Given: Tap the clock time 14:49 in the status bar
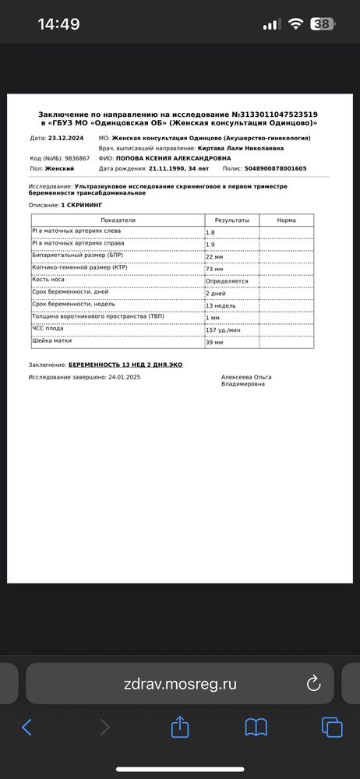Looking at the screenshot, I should (x=58, y=24).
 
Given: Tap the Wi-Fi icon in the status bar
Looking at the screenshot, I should (x=295, y=24).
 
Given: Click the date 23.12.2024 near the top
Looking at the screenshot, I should (x=67, y=138).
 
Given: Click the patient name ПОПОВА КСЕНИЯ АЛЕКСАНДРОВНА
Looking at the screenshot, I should (x=173, y=158).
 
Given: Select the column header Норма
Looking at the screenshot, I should (x=286, y=220).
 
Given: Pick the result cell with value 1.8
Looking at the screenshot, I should (x=210, y=233).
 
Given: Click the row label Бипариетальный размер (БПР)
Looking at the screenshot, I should (x=77, y=255).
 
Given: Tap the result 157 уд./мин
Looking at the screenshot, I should (x=224, y=330).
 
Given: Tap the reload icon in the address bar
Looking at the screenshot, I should (x=314, y=684).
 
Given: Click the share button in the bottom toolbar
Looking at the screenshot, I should (x=180, y=728).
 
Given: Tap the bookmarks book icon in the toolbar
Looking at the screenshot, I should (x=256, y=728).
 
